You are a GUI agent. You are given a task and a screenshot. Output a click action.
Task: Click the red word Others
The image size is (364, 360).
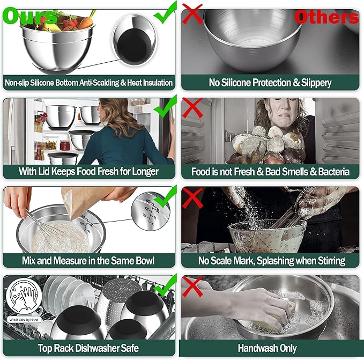click(326, 17)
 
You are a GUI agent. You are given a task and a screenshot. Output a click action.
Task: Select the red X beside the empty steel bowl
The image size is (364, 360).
click(192, 14)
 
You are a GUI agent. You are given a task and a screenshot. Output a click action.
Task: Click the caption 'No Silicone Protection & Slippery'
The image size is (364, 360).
click(270, 83)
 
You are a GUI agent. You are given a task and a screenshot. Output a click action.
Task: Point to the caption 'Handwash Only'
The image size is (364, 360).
click(270, 348)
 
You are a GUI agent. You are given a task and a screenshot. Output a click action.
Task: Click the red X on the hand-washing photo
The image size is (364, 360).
click(192, 284)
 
